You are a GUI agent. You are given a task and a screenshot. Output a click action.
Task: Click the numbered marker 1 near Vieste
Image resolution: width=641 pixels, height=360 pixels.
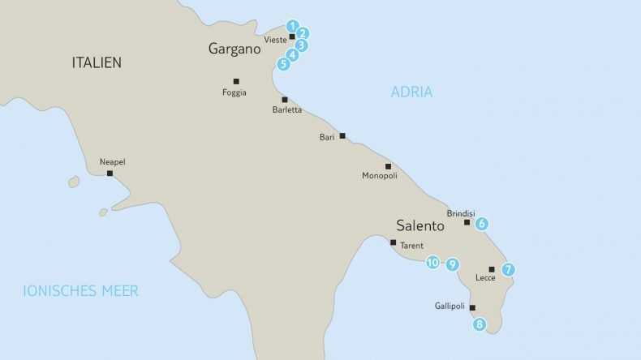coord(293,26)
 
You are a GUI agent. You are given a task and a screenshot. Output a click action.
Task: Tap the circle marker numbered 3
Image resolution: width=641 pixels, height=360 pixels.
coord(300,45)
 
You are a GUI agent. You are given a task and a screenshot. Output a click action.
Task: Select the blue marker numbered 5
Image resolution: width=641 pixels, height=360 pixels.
coord(283,63)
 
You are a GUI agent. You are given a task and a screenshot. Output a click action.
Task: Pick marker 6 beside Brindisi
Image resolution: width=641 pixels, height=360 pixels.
coord(481,223)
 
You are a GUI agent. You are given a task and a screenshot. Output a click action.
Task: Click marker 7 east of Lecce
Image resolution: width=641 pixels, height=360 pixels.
coord(508,269)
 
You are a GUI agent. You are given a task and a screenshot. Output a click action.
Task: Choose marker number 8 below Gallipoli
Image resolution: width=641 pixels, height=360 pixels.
coord(480,324)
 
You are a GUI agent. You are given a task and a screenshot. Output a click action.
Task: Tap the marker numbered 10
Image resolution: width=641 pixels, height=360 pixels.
coord(432,263)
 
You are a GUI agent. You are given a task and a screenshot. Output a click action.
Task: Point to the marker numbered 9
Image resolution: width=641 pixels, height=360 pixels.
coord(452,264)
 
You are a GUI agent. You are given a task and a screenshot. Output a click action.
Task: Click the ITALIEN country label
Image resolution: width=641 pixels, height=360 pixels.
coord(97,62)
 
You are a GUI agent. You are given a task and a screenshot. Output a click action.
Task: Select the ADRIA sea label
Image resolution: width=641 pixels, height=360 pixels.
coord(411,92)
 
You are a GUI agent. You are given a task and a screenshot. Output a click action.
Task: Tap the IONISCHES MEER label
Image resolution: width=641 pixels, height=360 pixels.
coord(80,290)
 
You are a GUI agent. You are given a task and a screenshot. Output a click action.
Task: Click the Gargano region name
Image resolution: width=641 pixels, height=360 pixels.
coord(234,49)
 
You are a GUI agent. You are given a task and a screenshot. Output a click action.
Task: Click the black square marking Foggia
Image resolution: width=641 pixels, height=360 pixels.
coord(236,80)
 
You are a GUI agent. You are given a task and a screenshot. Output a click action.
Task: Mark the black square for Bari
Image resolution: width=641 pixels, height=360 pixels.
coord(342,136)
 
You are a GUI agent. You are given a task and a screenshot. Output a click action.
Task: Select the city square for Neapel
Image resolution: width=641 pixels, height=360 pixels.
coord(110,173)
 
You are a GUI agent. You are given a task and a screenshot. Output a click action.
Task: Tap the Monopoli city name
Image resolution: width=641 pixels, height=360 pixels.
coord(379,175)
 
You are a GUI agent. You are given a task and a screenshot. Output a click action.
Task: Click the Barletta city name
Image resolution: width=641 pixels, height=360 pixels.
coord(287,110)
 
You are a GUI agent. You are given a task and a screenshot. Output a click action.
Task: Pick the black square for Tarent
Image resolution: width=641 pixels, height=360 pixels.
coord(393,242)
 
